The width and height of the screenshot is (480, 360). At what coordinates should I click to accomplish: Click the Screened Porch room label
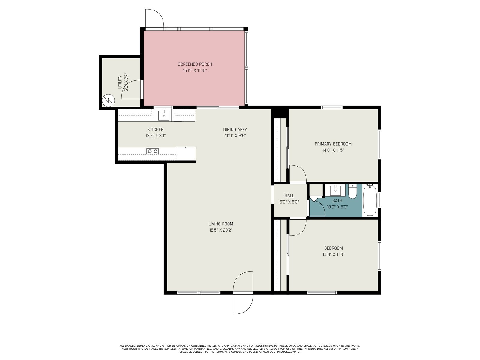coord(195,64)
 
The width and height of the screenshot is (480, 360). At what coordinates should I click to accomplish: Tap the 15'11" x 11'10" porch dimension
coord(195,70)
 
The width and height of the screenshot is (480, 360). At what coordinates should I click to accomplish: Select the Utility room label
coord(120,82)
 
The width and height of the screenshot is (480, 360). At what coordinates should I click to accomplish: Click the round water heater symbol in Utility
coord(108,100)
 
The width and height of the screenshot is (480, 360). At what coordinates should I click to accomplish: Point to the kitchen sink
coord(163,115)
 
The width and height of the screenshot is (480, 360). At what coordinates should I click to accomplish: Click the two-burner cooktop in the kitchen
coord(153,151)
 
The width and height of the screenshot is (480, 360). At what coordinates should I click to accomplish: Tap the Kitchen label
coord(156,129)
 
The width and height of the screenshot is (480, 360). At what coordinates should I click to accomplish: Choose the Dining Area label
coord(235,129)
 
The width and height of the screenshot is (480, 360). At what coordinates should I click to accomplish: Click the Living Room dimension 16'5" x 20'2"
coord(220,230)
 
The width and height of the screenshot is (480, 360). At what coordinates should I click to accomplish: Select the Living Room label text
coord(221,224)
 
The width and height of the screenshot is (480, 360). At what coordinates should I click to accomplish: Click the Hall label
coord(289,196)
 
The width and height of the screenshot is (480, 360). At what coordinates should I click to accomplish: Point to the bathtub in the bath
coord(370,200)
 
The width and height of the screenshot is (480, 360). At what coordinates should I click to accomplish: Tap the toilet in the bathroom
coord(352,191)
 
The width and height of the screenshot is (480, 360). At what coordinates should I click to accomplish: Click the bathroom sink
coord(335,190)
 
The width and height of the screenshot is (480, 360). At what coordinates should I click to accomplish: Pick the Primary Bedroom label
coord(333,144)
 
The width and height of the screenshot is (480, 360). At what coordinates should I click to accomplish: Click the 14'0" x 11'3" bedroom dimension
coord(333,254)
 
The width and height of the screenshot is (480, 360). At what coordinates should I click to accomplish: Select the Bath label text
coord(337,201)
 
